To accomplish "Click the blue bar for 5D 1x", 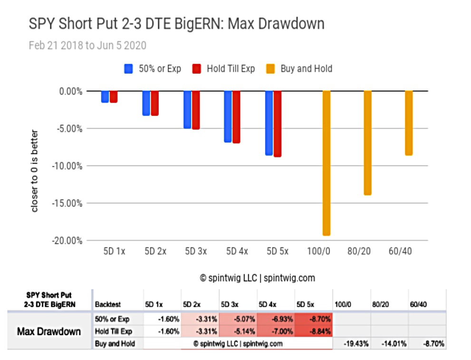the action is point(105,97).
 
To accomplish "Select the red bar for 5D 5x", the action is point(278,124).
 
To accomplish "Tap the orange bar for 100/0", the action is point(327,163).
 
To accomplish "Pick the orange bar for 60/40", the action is point(409,123).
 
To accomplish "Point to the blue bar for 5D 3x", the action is point(187,110).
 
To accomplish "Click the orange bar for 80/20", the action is point(368,143).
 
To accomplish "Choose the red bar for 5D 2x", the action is point(154,103).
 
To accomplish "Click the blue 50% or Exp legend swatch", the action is point(129,69).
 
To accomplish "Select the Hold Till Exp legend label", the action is point(231,69).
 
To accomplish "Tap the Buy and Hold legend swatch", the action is point(270,69).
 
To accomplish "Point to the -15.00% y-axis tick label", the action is point(67,204).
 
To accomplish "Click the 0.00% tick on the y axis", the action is point(71,91).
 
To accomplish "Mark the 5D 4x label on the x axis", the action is point(237,251).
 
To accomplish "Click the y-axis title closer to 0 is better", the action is point(35,171).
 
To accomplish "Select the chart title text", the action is point(177,24).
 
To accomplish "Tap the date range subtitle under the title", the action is point(87,46).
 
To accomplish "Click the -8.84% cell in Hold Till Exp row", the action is point(314,331).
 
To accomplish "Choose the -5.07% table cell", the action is point(238,319).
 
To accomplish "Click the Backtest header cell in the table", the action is point(108,304).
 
